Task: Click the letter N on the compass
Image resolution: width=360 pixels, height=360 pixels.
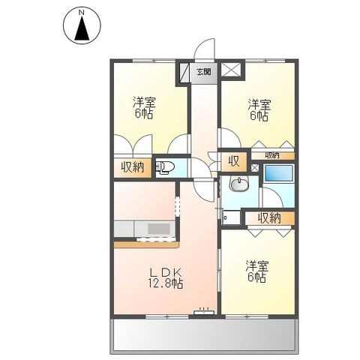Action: (x=82, y=12)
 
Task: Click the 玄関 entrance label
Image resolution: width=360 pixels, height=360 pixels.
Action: (x=204, y=72)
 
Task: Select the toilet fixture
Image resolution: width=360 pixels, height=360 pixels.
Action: (x=164, y=167)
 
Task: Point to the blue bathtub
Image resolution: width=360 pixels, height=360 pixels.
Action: (x=278, y=172)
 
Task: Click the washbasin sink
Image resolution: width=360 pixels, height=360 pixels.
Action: (x=239, y=184)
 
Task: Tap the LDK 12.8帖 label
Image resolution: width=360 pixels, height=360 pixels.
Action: (x=166, y=278)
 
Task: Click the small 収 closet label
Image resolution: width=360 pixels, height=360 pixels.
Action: (x=234, y=161)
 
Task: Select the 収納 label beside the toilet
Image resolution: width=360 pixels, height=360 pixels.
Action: (x=133, y=167)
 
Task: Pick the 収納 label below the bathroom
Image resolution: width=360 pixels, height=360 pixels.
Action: (x=269, y=218)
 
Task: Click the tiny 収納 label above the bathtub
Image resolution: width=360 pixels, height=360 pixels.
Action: (x=272, y=155)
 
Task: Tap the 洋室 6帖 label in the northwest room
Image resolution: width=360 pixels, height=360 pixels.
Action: (x=144, y=107)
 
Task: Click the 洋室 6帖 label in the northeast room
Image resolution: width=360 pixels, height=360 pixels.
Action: (x=259, y=110)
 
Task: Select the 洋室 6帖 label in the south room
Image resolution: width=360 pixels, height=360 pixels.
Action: (x=257, y=271)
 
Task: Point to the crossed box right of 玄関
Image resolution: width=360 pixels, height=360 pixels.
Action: (x=231, y=70)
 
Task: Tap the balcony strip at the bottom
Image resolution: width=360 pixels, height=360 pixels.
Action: (x=204, y=334)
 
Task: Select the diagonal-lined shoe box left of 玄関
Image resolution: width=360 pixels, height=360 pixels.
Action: (x=184, y=71)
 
